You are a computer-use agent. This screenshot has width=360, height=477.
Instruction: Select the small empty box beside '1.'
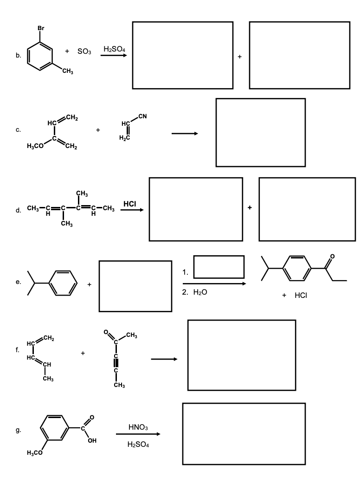coord(219,267)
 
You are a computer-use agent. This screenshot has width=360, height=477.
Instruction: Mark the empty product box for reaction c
coord(260,132)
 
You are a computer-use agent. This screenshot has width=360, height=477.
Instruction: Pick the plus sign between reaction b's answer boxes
coord(240,57)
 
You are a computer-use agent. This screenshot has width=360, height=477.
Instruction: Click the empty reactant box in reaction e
coord(135,286)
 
